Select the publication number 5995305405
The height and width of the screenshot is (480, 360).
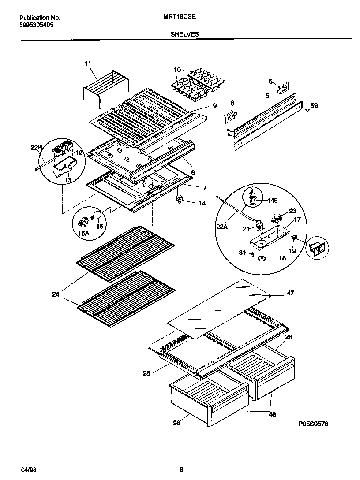point(37,25)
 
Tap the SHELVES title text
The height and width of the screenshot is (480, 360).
point(184,33)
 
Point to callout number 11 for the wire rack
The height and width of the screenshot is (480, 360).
point(87,63)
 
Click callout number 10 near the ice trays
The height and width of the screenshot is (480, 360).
point(177,70)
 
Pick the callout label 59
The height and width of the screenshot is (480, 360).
point(314,105)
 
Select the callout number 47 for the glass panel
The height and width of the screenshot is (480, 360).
point(290,293)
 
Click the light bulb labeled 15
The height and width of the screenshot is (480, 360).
point(96,215)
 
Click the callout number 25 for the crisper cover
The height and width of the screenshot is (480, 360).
point(146,373)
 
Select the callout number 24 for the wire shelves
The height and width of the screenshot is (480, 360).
point(55,294)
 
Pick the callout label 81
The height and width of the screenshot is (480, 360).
point(242,253)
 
